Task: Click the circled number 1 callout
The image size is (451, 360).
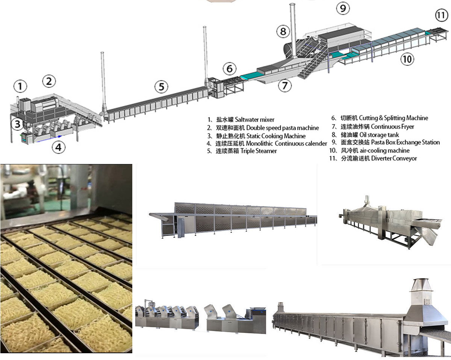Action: [20, 87]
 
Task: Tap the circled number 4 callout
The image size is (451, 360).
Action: [58, 147]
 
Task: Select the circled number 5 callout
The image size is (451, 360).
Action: [161, 87]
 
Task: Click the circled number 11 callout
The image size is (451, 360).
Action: [441, 16]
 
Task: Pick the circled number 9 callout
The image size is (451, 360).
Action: [342, 8]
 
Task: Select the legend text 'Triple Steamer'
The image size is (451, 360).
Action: [260, 151]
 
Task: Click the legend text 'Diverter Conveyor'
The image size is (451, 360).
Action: [394, 158]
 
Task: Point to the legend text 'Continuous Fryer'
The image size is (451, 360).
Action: [392, 127]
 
